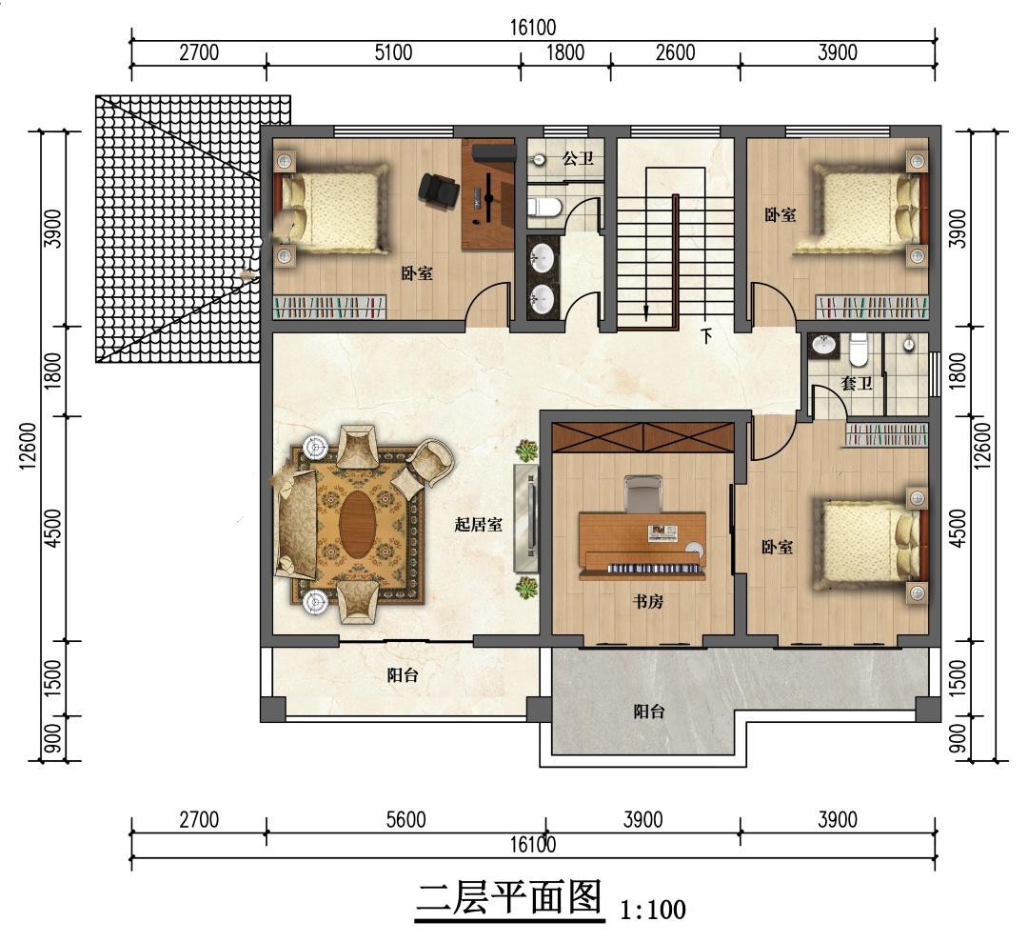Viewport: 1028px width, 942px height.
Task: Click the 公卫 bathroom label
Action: point(578,158)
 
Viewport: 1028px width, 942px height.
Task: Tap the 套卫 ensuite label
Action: point(857,383)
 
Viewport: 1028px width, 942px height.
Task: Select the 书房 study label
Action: point(648,601)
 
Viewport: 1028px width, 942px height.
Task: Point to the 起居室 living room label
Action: point(479,524)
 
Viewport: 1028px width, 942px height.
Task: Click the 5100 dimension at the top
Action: point(393,52)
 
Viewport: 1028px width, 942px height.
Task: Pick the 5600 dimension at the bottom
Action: point(405,819)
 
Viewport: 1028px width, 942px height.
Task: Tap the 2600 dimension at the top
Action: point(675,52)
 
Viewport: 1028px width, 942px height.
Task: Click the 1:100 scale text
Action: point(653,910)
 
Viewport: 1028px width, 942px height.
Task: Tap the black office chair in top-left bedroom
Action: point(437,190)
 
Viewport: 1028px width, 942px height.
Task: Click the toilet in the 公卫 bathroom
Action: point(544,208)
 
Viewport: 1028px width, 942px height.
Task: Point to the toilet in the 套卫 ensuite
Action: point(859,351)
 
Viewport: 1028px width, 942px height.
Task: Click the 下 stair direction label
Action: point(706,336)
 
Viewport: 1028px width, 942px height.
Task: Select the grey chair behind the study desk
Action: point(642,494)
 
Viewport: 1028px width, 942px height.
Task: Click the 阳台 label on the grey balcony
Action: point(649,712)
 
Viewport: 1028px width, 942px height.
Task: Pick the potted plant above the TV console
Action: point(525,451)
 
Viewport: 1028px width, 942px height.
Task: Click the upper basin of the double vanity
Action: point(544,257)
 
